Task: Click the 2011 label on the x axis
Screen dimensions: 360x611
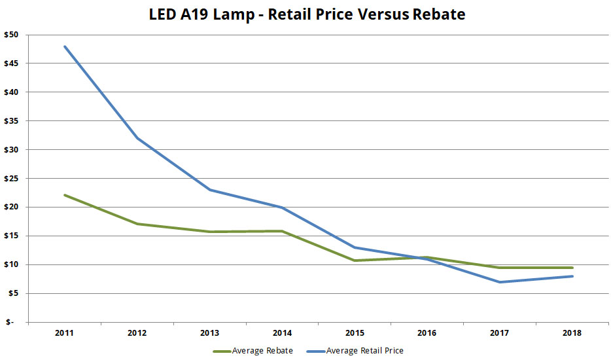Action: point(64,333)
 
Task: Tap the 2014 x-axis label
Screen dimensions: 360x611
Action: point(282,333)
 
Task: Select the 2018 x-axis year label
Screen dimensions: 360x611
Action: point(572,333)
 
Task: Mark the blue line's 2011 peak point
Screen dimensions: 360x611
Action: point(64,46)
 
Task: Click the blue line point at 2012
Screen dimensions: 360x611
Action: point(137,138)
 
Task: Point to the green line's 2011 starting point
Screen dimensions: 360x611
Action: point(64,195)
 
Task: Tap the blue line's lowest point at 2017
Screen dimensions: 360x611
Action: point(500,282)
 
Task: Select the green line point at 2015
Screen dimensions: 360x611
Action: point(355,261)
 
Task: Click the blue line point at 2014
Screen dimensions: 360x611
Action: point(282,207)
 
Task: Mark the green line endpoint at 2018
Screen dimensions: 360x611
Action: point(572,268)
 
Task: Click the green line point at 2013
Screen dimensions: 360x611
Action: point(209,232)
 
